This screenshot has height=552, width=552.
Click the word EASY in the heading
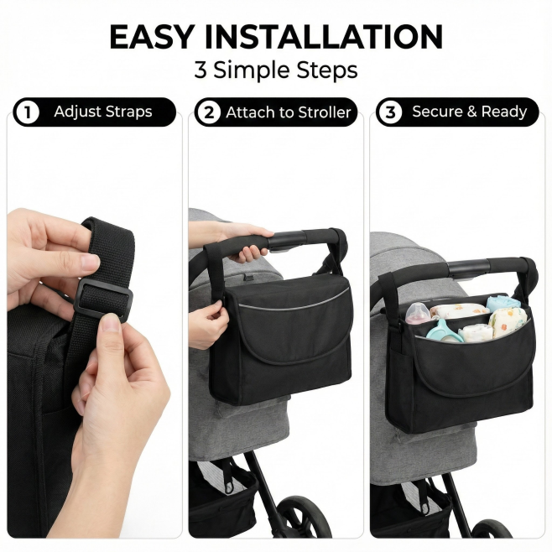coord(151,37)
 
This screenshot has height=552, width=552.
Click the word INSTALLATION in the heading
coord(323,37)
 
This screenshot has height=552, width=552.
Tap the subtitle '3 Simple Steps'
coord(276,70)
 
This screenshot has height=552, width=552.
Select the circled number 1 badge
coord(27,112)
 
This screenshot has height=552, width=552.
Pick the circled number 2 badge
coord(209,112)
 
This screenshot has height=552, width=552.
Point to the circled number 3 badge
coord(390,112)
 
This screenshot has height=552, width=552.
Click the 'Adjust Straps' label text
coord(103,112)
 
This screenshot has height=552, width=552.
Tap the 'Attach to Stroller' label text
coord(289,112)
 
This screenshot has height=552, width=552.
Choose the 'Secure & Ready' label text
coord(470,112)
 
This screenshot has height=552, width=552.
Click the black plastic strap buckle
coord(103,300)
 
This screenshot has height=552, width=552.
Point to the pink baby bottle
coord(419,313)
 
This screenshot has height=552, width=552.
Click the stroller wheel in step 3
coord(492,530)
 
